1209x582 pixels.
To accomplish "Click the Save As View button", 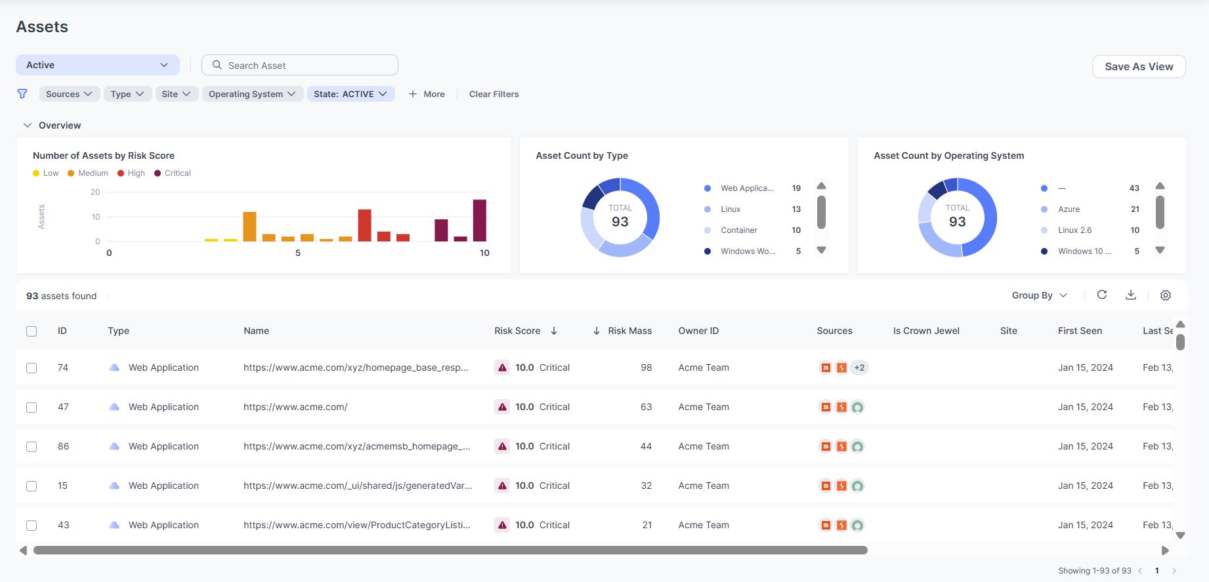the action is point(1139,66).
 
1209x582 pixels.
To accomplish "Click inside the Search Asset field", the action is point(299,65).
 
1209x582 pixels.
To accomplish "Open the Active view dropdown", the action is point(98,65).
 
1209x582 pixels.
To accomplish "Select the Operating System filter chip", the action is point(253,94).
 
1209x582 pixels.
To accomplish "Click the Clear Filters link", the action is point(494,94).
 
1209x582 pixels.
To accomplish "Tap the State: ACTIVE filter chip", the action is point(350,94).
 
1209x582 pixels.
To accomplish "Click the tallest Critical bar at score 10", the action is point(480,220).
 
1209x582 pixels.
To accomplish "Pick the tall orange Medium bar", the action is point(249,226).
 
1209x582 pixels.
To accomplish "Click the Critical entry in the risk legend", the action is point(172,173).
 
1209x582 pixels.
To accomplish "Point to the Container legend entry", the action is point(738,230).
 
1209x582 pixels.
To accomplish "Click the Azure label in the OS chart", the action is point(1069,209).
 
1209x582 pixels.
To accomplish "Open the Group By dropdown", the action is point(1040,295).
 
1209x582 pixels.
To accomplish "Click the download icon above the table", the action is point(1130,295).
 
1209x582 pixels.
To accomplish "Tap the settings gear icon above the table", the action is point(1166,295).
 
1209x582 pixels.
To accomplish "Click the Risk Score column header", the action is point(517,331).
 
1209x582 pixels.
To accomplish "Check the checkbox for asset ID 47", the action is point(32,407).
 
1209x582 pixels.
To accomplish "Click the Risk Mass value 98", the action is point(647,367).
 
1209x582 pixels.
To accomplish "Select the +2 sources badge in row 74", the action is point(859,367).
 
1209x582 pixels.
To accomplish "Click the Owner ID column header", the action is point(698,331).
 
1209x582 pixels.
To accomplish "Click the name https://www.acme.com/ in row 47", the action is point(295,407).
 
